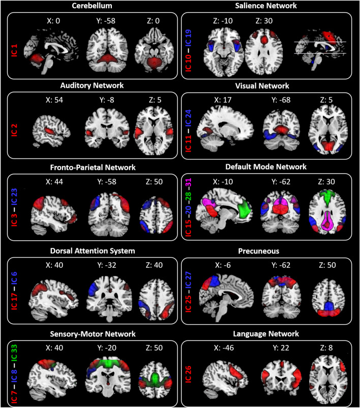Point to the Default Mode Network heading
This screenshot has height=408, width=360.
coord(270,166)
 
